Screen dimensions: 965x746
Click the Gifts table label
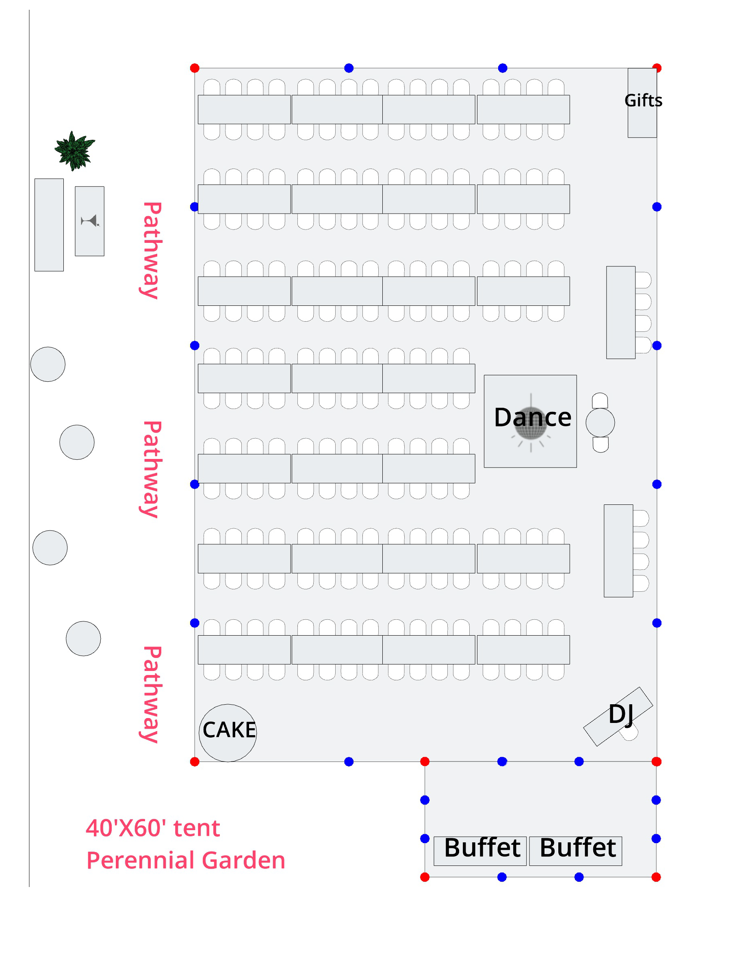[643, 101]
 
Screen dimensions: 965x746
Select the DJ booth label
[620, 714]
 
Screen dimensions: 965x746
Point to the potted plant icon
[74, 151]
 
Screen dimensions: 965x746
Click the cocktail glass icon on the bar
[90, 221]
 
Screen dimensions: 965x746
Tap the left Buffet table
[480, 850]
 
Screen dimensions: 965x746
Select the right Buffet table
[575, 850]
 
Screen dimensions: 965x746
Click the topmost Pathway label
[152, 251]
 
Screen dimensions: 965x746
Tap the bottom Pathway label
[152, 694]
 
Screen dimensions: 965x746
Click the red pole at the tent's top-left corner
[195, 68]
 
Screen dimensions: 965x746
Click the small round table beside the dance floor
[600, 422]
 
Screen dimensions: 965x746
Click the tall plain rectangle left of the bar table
[49, 225]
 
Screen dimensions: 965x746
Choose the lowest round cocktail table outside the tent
[83, 638]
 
